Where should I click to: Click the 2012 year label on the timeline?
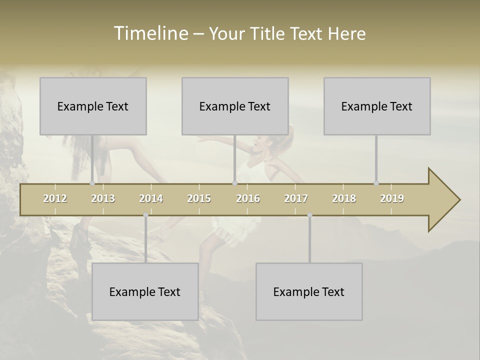click(x=55, y=198)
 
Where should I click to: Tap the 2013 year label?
click(x=103, y=198)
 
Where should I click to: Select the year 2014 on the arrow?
click(x=151, y=198)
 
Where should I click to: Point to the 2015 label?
click(x=199, y=198)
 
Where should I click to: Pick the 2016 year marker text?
click(x=248, y=198)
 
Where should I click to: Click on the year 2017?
click(x=296, y=198)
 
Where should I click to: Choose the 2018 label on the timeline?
click(x=344, y=198)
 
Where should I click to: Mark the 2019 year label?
click(x=392, y=198)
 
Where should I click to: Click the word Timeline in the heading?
click(x=150, y=33)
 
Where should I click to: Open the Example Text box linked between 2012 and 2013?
click(x=93, y=106)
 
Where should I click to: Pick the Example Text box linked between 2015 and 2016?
click(x=235, y=106)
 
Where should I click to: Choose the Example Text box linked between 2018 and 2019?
click(x=377, y=106)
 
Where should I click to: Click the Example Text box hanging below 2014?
click(x=145, y=291)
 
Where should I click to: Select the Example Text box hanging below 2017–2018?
click(x=309, y=291)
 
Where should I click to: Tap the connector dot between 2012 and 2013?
click(x=92, y=183)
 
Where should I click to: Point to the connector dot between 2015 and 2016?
click(x=234, y=183)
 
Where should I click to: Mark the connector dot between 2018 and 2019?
click(x=376, y=183)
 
